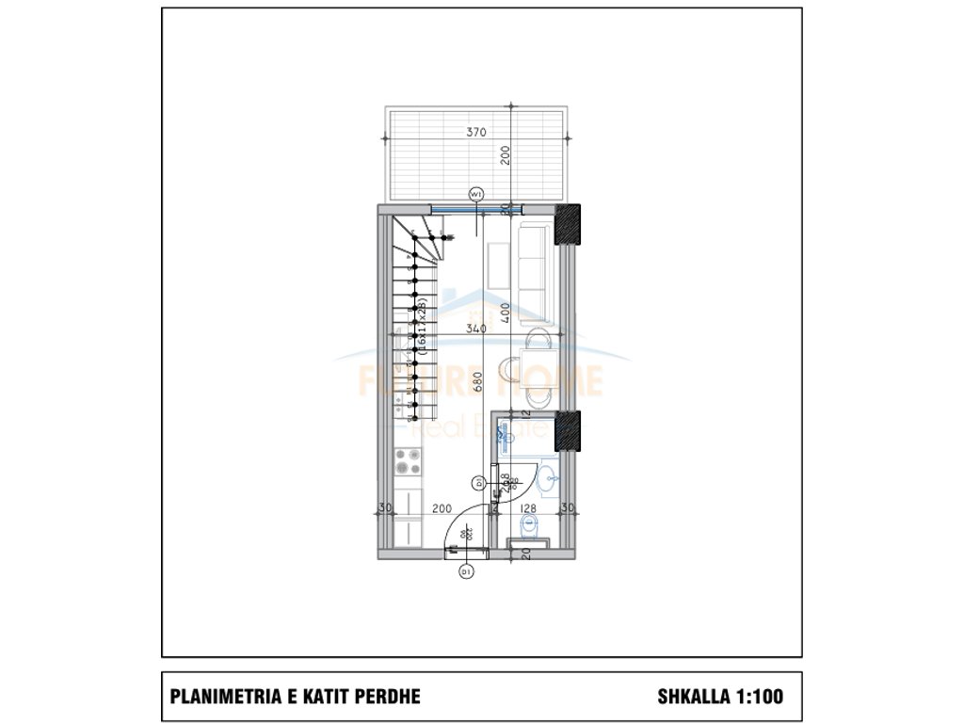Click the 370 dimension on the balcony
tap(476, 133)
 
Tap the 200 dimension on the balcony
tap(506, 155)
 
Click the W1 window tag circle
tap(476, 194)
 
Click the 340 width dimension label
tap(475, 329)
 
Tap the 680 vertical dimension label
tap(479, 381)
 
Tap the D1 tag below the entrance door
tap(465, 571)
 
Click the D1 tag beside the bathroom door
tap(479, 483)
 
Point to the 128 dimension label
tap(528, 508)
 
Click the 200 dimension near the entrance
tap(441, 508)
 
